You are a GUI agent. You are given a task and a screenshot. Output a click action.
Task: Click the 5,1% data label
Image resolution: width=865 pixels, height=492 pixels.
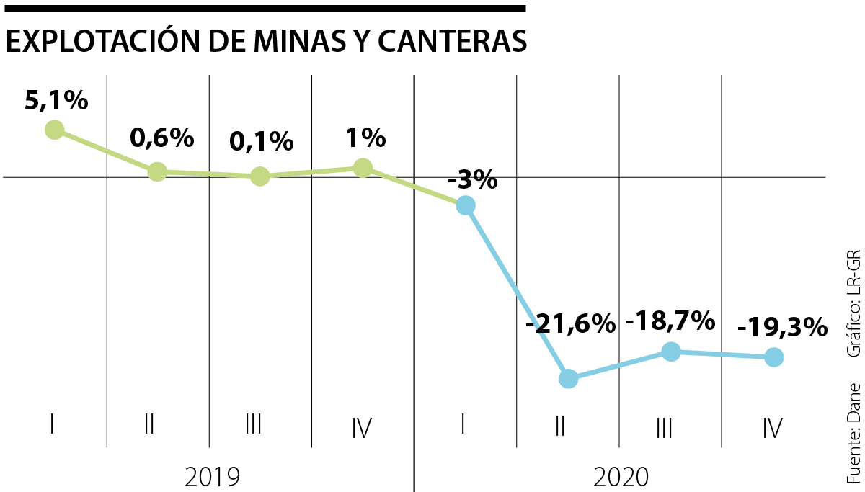[x=56, y=102]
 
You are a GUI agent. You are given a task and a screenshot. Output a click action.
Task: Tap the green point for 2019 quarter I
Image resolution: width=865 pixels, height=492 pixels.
[x=54, y=130]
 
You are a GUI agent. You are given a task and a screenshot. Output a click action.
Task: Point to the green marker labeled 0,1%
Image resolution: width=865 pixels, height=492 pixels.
[x=260, y=176]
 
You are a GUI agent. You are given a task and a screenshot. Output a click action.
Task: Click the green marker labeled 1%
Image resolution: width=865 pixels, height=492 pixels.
[x=363, y=168]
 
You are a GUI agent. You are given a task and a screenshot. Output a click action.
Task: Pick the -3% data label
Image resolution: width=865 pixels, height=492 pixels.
[x=472, y=179]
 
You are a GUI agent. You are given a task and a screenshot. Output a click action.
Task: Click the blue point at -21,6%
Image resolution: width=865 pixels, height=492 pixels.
[x=568, y=378]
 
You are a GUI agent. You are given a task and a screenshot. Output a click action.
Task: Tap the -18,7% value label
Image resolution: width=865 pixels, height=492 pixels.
[x=670, y=321]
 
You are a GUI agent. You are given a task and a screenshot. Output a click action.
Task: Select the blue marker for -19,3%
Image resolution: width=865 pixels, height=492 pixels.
[x=773, y=357]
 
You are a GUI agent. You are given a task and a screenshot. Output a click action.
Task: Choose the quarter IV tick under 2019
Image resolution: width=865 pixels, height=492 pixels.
[x=361, y=427]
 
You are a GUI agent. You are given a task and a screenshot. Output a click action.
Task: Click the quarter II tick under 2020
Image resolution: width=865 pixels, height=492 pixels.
[x=559, y=426]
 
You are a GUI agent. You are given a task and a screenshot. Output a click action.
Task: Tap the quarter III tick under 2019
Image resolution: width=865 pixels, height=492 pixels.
[x=252, y=425]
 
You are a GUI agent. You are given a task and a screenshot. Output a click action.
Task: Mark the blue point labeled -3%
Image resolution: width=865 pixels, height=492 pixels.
[x=466, y=205]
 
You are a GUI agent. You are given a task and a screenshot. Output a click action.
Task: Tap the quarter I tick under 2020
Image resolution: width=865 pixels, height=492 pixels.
[x=463, y=425]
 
